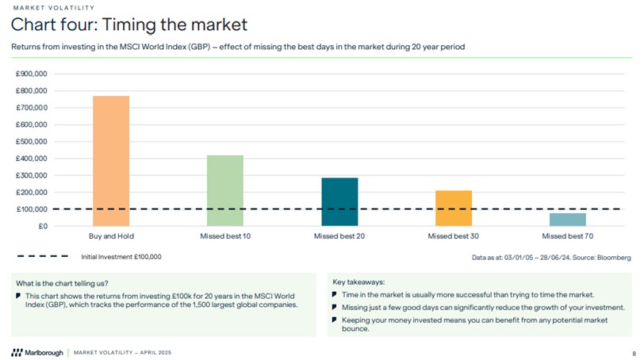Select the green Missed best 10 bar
pos(225,190)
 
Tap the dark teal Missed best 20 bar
pos(339,202)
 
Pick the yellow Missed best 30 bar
pos(454,209)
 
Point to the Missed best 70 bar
pos(568,220)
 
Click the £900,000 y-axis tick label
pos(32,74)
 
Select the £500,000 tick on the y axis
pos(32,141)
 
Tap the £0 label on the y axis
pos(41,226)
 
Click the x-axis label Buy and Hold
pos(111,236)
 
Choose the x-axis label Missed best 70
pos(568,236)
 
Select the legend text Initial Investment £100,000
pos(121,257)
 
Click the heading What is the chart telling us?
pos(62,283)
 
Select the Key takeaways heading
pos(358,281)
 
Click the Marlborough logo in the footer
pos(36,352)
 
